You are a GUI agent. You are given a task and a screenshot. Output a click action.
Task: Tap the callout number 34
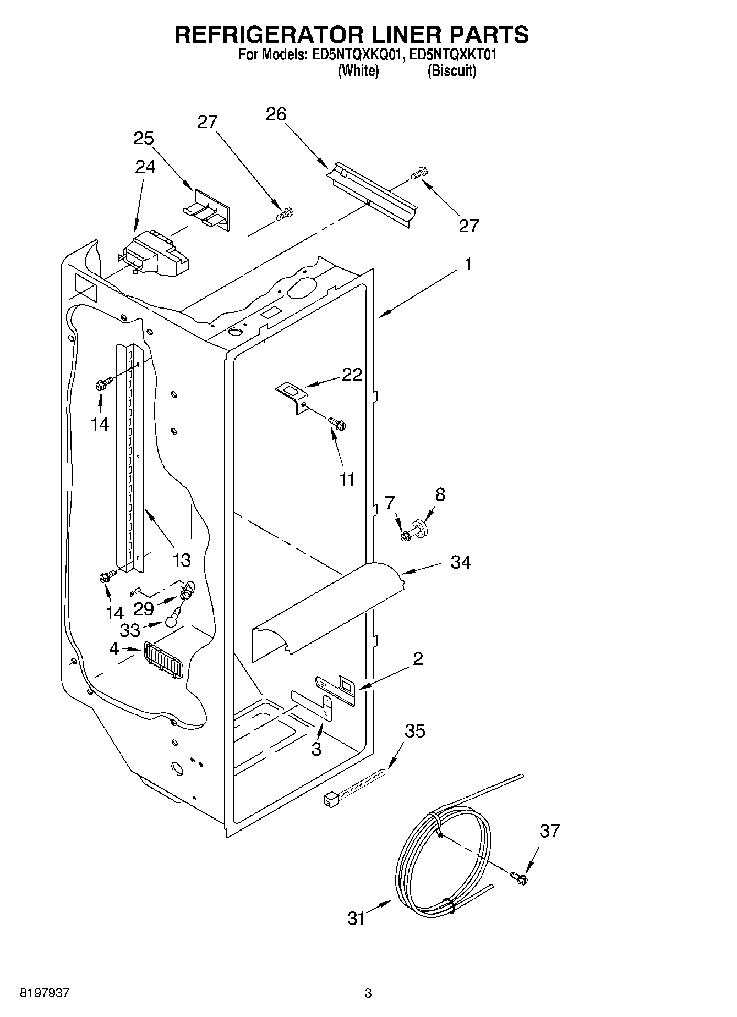click(461, 562)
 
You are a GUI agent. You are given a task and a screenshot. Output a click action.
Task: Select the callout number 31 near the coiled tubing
click(357, 918)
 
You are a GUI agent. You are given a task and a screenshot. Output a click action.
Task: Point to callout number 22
click(352, 375)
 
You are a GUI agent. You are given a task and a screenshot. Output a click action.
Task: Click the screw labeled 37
click(518, 878)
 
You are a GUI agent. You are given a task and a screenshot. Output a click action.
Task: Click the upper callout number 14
click(100, 424)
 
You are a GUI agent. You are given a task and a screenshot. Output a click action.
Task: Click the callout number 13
click(181, 560)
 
